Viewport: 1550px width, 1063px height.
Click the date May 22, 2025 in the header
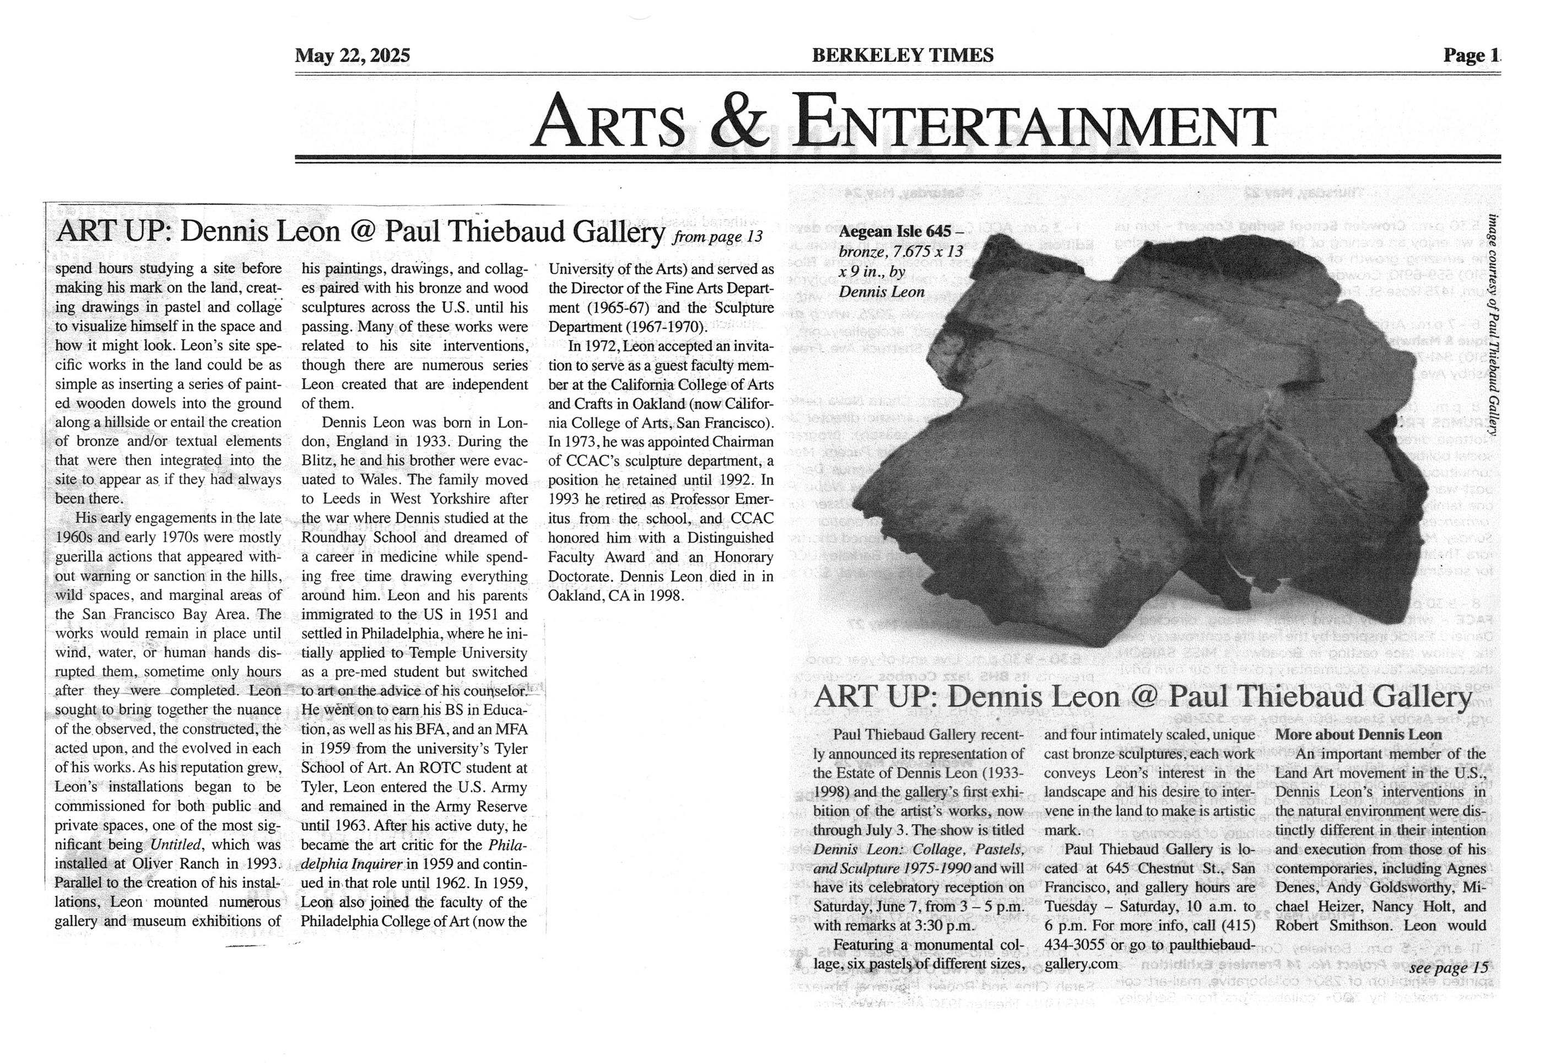352,55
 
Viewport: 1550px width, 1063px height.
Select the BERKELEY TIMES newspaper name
903,55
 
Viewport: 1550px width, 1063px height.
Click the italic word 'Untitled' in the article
175,845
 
